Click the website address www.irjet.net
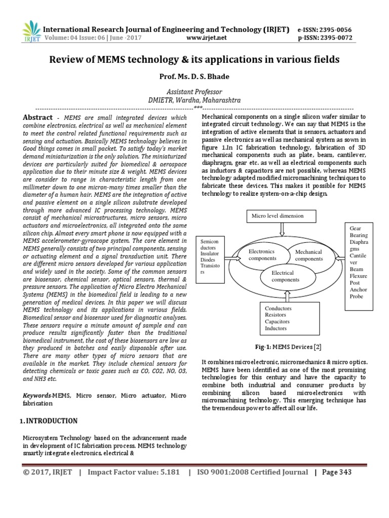[207, 37]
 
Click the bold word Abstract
[37, 117]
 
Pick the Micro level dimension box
[278, 216]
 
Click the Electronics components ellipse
[261, 254]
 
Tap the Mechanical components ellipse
[308, 255]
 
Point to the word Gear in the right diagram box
[356, 229]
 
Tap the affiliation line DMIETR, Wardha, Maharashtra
[194, 100]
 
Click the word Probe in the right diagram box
[357, 296]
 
